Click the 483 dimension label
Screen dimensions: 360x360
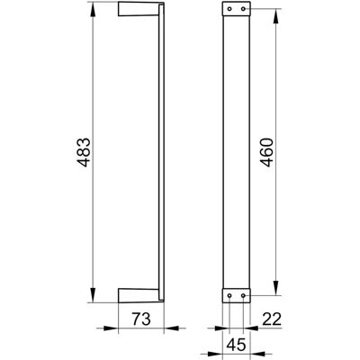click(83, 152)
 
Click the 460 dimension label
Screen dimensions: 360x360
click(266, 152)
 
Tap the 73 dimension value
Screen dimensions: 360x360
click(141, 319)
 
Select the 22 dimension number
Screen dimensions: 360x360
click(272, 319)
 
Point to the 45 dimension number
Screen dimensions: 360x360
click(236, 346)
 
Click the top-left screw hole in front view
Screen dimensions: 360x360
click(229, 9)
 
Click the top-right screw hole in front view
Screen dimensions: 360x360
click(243, 9)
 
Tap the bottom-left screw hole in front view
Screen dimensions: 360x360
click(229, 295)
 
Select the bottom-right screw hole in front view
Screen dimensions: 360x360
click(243, 295)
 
